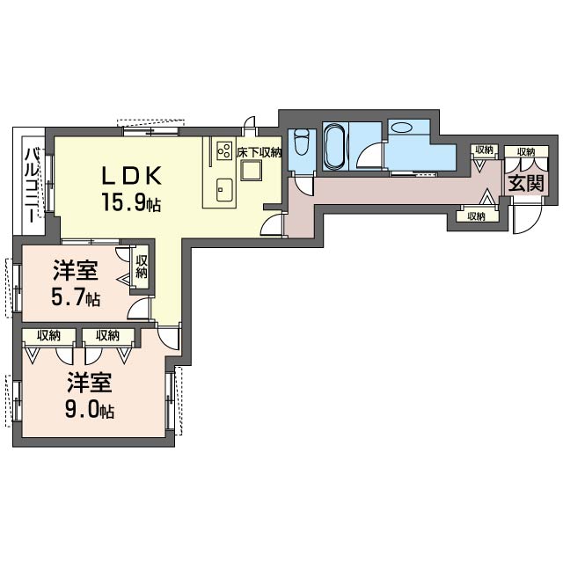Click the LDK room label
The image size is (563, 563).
click(131, 176)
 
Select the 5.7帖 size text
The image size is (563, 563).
click(76, 297)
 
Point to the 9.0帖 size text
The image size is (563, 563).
click(90, 410)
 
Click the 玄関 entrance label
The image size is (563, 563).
click(526, 184)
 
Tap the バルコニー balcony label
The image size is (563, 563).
click(33, 186)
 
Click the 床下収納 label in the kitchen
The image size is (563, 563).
click(260, 152)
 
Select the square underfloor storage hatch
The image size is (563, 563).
click(252, 170)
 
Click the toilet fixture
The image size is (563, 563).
click(301, 143)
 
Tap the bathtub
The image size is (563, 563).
click(335, 146)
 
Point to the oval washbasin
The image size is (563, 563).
click(402, 128)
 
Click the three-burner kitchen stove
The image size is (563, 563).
click(224, 150)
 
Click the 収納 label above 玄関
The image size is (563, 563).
click(526, 151)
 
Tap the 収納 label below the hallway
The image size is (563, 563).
click(477, 216)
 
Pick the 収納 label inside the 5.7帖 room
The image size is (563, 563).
click(142, 267)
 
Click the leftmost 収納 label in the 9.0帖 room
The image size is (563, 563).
click(49, 335)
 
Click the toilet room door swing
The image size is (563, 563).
click(303, 186)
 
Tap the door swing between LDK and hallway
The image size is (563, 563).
click(274, 225)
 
